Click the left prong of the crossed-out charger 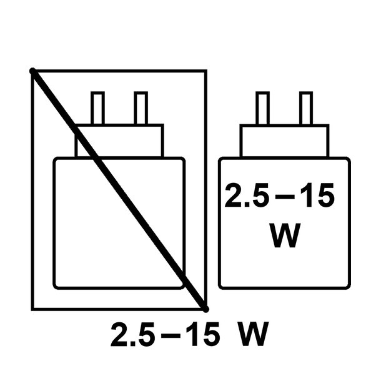(97, 108)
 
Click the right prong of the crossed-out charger (141, 108)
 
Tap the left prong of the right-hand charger (263, 108)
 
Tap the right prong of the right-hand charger (306, 108)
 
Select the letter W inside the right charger (285, 235)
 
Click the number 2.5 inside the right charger (247, 195)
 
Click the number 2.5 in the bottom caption (133, 334)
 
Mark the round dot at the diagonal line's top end (32, 71)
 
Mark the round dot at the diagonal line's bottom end (206, 309)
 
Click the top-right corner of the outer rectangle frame (206, 71)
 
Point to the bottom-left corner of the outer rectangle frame (32, 309)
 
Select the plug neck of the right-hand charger (285, 141)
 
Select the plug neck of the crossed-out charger (119, 141)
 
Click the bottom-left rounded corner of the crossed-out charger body (55, 287)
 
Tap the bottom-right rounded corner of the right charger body (349, 287)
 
